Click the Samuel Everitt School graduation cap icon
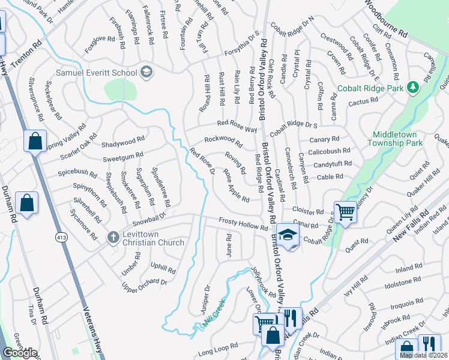[146, 73]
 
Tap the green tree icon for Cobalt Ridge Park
[412, 88]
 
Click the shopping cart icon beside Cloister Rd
[345, 212]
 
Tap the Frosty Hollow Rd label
[243, 225]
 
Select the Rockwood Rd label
[223, 142]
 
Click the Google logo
[20, 353]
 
